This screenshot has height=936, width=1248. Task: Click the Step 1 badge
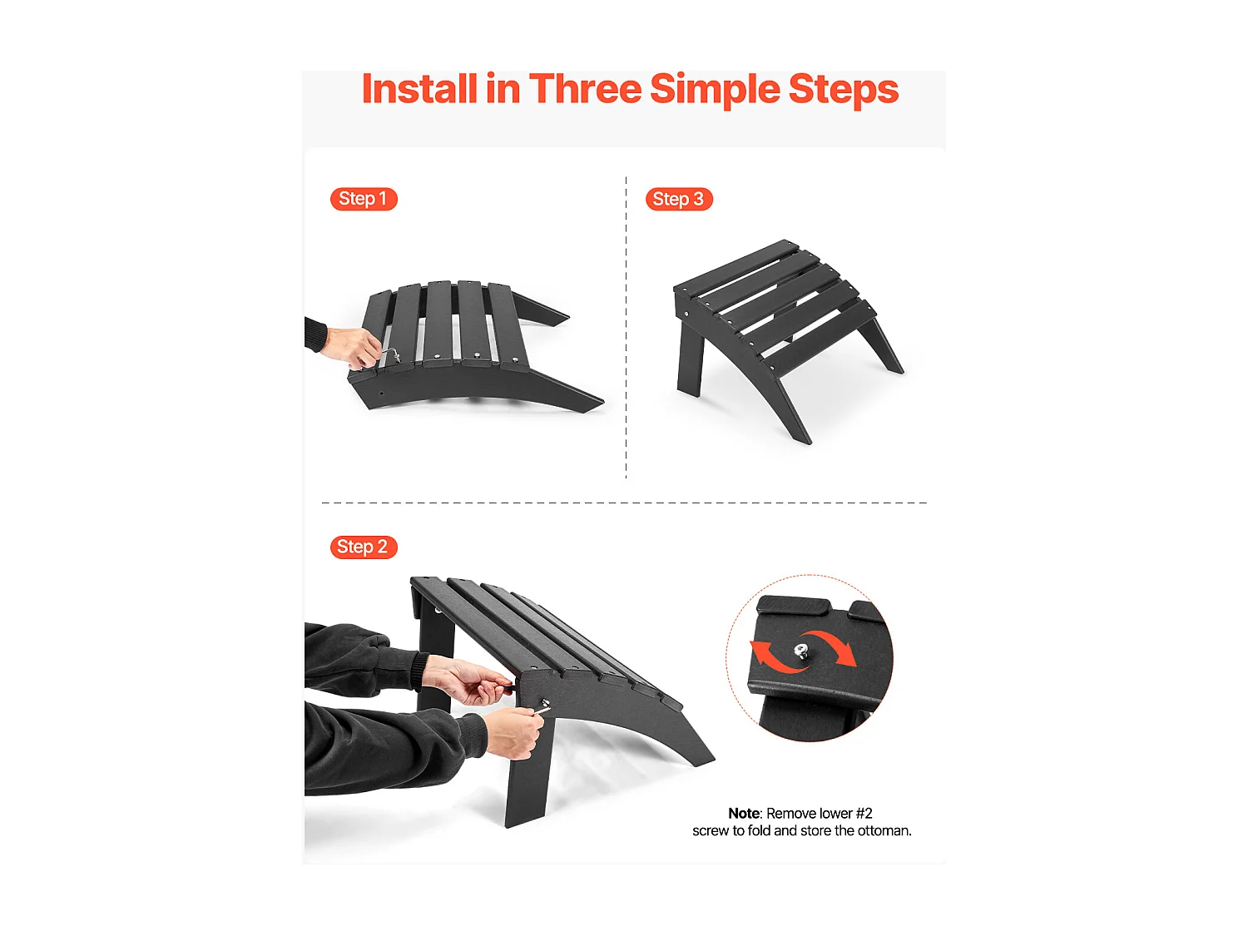pyautogui.click(x=364, y=199)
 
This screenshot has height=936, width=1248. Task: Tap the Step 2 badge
pyautogui.click(x=364, y=547)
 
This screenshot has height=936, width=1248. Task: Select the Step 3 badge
pyautogui.click(x=678, y=199)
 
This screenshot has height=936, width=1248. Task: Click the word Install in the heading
pyautogui.click(x=419, y=89)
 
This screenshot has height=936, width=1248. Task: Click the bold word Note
pyautogui.click(x=744, y=813)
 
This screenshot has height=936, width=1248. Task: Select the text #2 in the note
pyautogui.click(x=864, y=813)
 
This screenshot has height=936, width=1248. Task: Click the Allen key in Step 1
pyautogui.click(x=390, y=354)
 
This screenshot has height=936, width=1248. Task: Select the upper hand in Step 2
pyautogui.click(x=465, y=679)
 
